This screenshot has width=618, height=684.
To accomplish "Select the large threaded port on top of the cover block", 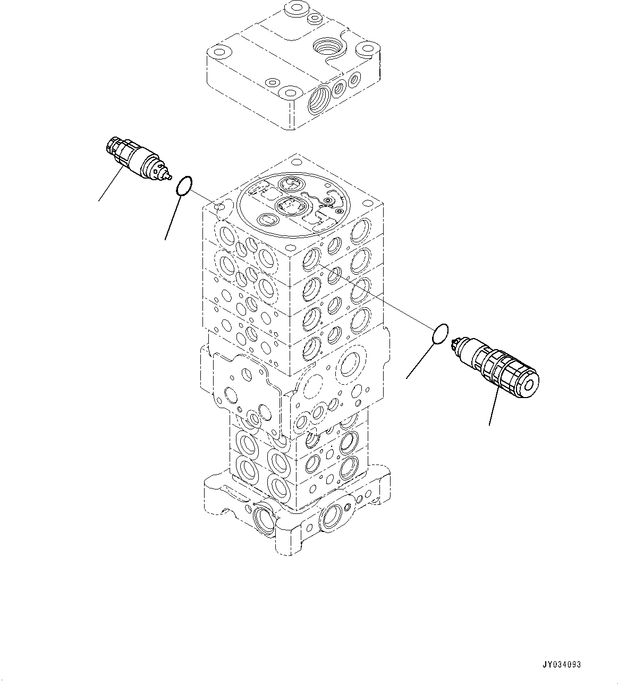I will (329, 47).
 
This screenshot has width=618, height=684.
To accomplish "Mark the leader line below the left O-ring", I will (173, 218).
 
